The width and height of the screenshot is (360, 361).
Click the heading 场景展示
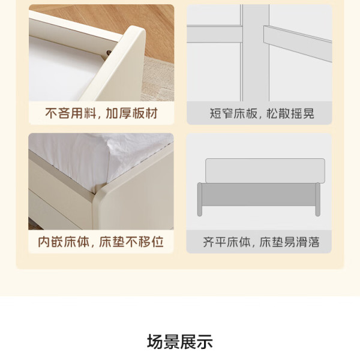tap(179, 341)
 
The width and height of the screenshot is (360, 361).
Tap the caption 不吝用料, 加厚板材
tap(101, 113)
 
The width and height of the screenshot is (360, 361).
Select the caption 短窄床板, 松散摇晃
tap(262, 113)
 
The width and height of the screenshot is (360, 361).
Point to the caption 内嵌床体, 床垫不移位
tap(101, 242)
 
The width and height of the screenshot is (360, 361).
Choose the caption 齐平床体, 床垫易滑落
tap(261, 242)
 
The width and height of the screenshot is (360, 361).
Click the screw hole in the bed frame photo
tap(109, 53)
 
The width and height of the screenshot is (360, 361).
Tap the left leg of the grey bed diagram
tap(200, 199)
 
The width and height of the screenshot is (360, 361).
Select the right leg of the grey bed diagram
tap(317, 199)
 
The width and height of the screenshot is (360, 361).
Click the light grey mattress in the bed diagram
tap(265, 170)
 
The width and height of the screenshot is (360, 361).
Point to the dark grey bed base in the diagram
tap(259, 194)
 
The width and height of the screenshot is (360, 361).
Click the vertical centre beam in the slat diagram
tap(255, 53)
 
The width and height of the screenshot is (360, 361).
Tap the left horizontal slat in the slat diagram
tap(214, 34)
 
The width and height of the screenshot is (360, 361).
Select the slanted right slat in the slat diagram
tap(298, 44)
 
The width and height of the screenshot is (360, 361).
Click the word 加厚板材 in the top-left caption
tap(132, 113)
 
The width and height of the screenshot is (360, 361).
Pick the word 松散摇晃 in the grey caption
tap(290, 113)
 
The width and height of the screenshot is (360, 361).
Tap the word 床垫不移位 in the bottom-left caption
tap(131, 242)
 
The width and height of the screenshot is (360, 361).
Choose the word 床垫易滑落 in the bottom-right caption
tap(290, 242)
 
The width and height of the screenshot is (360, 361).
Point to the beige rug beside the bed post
tap(158, 79)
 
